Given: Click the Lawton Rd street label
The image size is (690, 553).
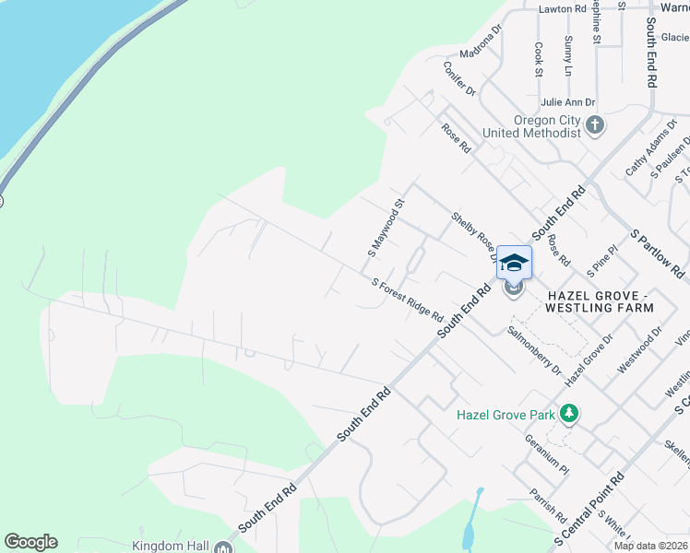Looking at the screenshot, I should [x=563, y=8].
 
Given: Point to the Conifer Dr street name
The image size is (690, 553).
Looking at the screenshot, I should [x=458, y=79].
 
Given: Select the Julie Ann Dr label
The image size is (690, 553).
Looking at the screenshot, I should [x=568, y=102].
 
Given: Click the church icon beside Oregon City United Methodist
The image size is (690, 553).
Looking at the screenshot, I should [x=595, y=125].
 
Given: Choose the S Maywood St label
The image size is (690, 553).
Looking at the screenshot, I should [x=387, y=231].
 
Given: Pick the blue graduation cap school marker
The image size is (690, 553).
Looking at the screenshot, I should [x=514, y=263].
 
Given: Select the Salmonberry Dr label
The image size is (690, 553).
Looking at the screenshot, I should [x=534, y=348].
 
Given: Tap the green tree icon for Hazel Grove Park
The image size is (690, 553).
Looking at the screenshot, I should [x=571, y=415].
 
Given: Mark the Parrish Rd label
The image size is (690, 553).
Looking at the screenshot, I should [x=547, y=502].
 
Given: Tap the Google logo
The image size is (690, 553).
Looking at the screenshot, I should [x=30, y=542].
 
